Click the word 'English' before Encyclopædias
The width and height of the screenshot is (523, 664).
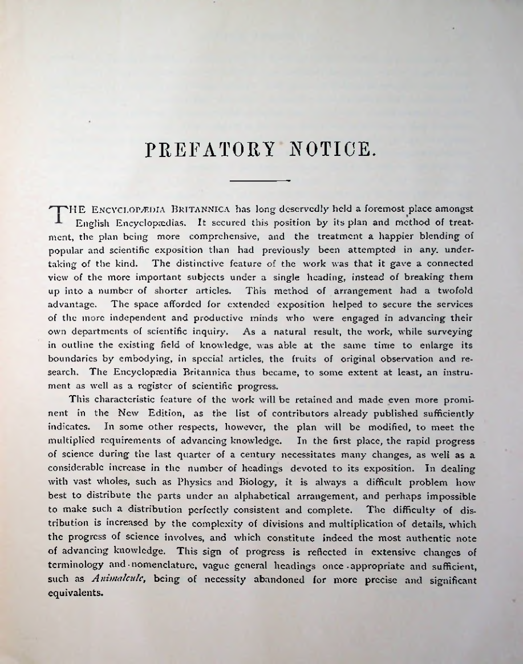click(x=101, y=223)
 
